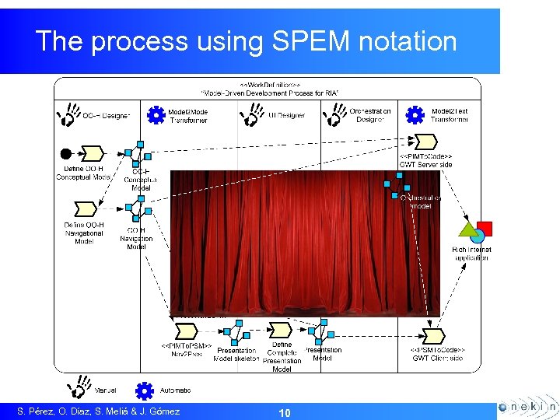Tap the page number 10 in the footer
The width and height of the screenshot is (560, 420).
[x=285, y=412]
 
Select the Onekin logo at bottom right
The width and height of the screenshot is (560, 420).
[x=527, y=407]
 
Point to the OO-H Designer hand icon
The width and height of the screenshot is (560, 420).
[x=68, y=115]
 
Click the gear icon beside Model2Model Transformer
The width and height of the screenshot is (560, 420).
[x=156, y=115]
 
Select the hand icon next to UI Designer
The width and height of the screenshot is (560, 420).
[x=251, y=115]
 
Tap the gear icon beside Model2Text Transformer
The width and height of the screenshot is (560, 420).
[x=416, y=115]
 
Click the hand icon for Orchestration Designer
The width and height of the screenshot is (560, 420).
[x=334, y=115]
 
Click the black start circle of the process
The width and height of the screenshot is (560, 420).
[x=66, y=152]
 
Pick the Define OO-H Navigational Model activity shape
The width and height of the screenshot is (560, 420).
[x=84, y=209]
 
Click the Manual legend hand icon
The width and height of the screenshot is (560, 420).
[x=79, y=387]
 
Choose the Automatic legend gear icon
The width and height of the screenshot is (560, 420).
[x=144, y=390]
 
